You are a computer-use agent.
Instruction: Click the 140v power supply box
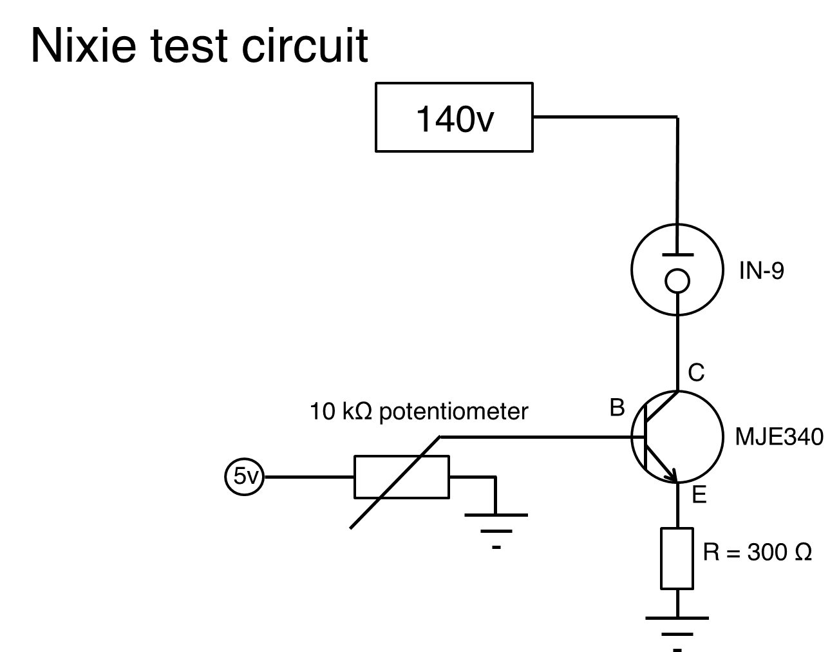click(454, 117)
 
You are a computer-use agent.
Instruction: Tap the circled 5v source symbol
click(244, 477)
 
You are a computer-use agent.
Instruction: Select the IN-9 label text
click(761, 271)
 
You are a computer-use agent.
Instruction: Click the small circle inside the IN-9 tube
click(677, 280)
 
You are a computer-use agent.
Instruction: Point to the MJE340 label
click(778, 437)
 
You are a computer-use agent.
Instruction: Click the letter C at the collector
click(696, 372)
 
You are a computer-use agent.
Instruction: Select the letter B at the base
click(617, 408)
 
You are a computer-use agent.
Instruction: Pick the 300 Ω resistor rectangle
click(677, 558)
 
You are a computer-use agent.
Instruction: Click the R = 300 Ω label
click(757, 552)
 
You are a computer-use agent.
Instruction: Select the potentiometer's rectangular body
click(401, 477)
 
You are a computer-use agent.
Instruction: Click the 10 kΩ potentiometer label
click(419, 411)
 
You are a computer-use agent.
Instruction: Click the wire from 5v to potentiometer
click(309, 477)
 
